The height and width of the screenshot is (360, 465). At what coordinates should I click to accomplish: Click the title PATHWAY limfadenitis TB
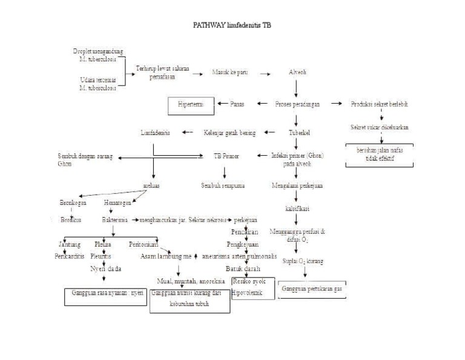click(x=232, y=27)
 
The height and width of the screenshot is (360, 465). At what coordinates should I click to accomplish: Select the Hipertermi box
click(x=191, y=104)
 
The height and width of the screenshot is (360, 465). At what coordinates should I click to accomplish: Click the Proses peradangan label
click(x=298, y=104)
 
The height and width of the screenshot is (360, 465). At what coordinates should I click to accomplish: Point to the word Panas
click(x=237, y=104)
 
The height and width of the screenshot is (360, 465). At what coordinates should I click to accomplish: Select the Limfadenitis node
click(x=156, y=132)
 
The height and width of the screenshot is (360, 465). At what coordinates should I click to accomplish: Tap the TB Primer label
click(x=226, y=156)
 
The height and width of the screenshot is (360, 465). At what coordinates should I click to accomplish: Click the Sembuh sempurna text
click(x=224, y=185)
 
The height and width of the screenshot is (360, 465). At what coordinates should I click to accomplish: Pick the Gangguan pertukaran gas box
click(x=312, y=289)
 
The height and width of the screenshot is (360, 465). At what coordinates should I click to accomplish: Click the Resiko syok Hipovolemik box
click(x=253, y=288)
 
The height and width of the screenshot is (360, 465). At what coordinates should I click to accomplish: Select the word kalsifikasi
click(x=297, y=208)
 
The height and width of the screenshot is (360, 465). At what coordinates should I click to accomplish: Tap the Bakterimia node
click(x=114, y=221)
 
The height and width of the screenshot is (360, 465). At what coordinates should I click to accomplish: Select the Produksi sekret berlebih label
click(x=380, y=104)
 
